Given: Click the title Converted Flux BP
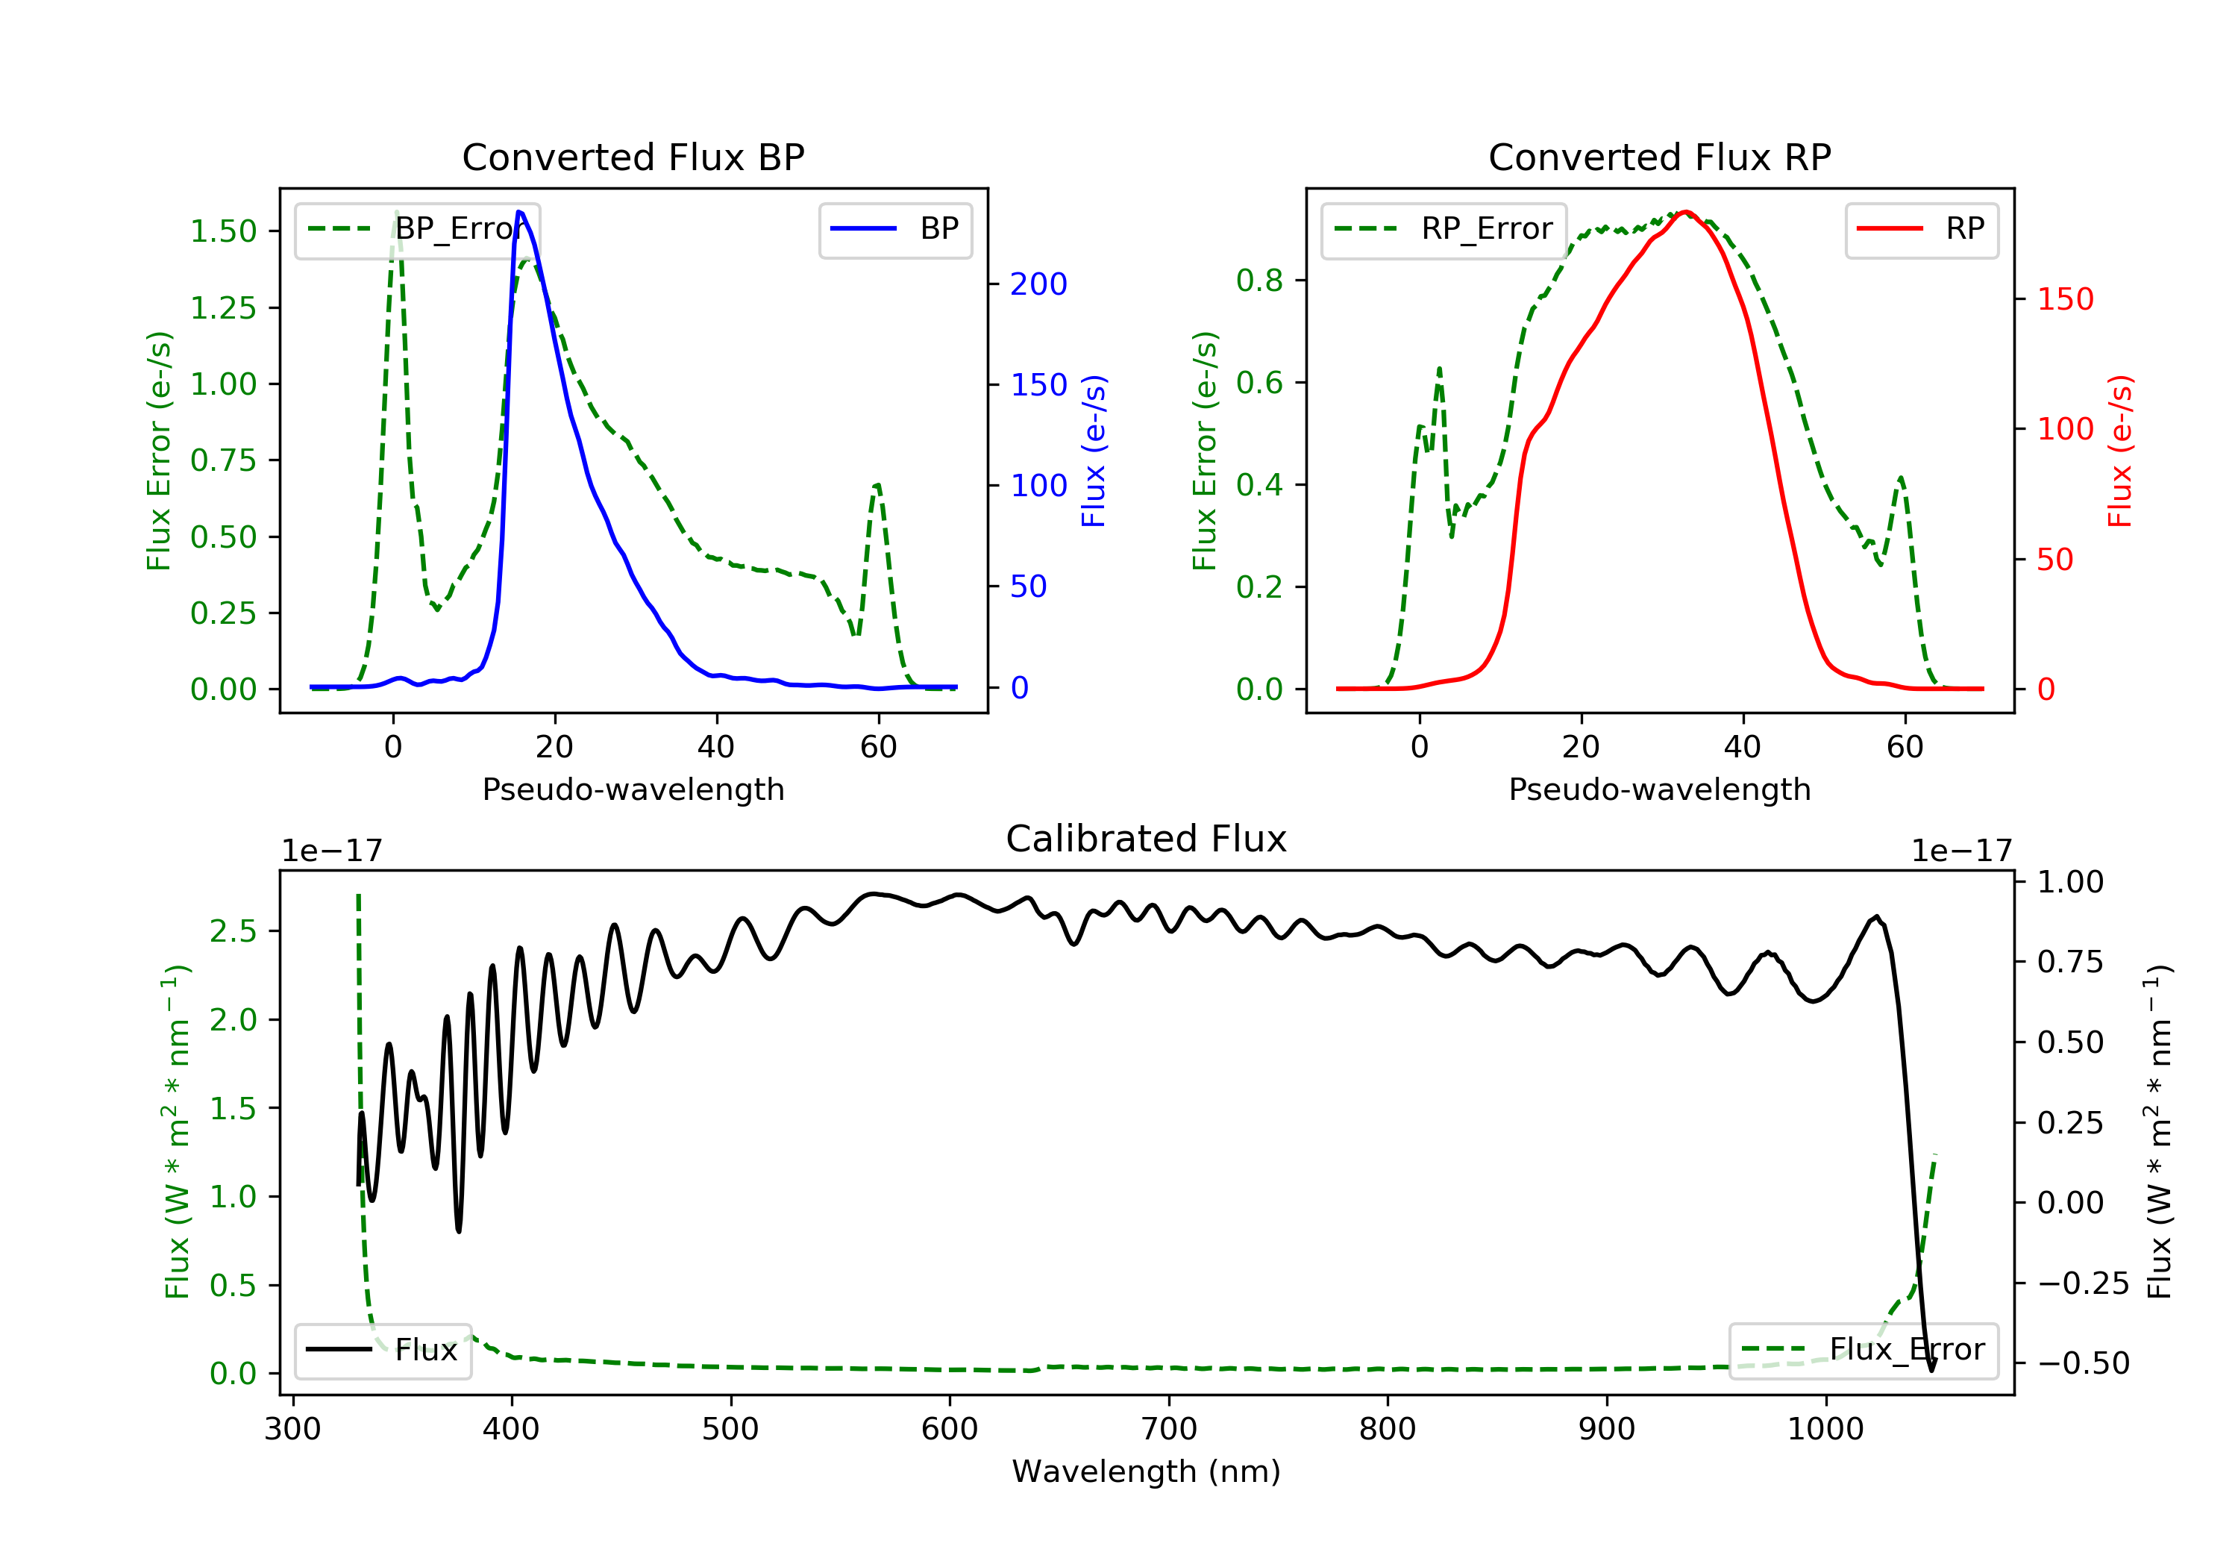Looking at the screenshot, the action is [633, 157].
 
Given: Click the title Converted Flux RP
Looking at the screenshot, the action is [1660, 157].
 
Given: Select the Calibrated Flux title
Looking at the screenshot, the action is [1147, 839].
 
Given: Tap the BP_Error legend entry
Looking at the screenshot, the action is [417, 230].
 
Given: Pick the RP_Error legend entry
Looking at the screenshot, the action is [1444, 230].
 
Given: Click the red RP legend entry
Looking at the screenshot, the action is [1921, 230].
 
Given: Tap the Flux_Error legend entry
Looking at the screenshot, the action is [1863, 1351].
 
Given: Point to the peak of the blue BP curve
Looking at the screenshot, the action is [519, 212].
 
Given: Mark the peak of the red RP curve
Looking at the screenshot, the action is [1685, 212].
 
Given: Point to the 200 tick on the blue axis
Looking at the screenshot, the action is [1039, 285].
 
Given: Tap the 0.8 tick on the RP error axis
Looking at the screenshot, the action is [1259, 281].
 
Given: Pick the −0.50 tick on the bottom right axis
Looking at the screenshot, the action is [2083, 1363].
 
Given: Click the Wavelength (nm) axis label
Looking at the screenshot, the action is [1147, 1471].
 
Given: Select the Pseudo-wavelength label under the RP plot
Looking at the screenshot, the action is [1660, 789].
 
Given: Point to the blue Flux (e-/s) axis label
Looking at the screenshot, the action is [1094, 451].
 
